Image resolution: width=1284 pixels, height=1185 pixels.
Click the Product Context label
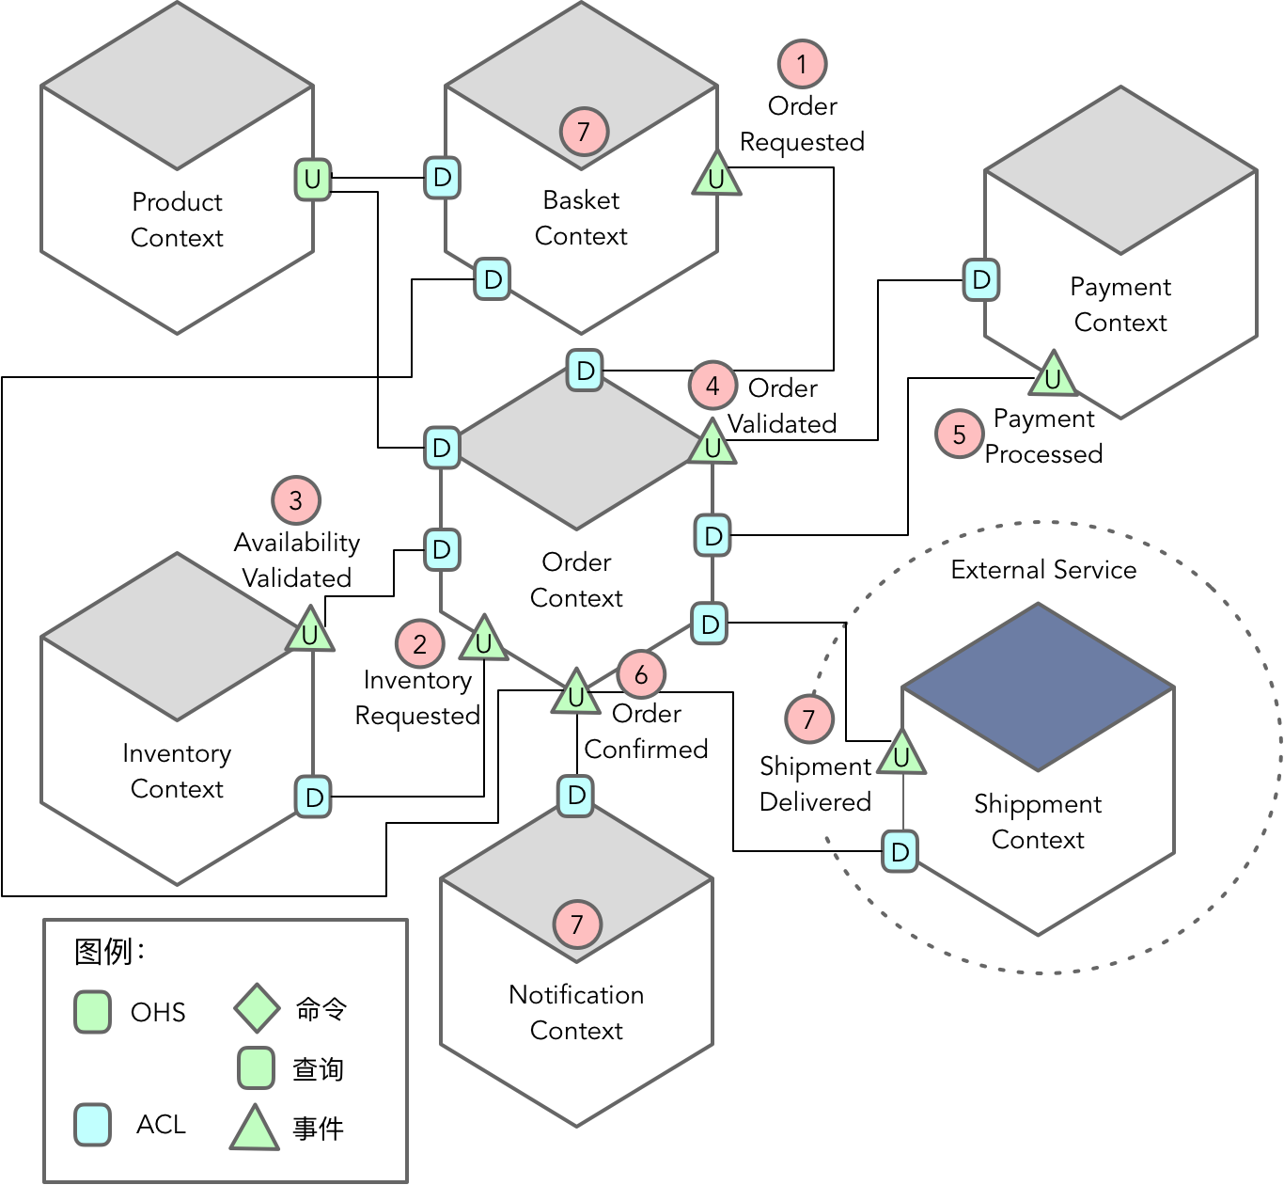pos(177,219)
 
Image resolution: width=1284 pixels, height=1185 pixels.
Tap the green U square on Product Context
pos(313,179)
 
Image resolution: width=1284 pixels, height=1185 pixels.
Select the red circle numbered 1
pos(802,64)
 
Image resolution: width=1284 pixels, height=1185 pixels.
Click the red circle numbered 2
pos(419,644)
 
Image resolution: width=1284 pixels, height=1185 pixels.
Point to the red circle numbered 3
pos(296,500)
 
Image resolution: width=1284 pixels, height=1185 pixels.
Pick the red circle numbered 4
pos(712,386)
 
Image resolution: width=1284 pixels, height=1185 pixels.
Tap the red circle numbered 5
pos(959,434)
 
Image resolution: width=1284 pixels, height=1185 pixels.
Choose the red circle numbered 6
pos(641,674)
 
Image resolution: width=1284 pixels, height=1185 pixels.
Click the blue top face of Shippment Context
pos(1038,687)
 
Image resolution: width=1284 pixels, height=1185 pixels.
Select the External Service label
pos(1043,570)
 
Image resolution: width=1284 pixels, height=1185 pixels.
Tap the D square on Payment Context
pos(981,279)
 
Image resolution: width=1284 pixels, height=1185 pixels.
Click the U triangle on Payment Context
pos(1053,376)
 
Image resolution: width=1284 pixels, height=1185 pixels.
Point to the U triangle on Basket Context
pos(716,177)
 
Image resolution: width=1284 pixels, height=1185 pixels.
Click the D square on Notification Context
pos(576,796)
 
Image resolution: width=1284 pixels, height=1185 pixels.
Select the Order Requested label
pos(802,124)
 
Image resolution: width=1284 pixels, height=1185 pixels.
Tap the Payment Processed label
pos(1043,436)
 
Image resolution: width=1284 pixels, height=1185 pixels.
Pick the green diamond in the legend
pos(257,1008)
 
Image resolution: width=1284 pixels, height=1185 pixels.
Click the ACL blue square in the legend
pos(93,1124)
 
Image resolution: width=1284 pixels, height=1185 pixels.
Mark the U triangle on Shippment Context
pos(901,755)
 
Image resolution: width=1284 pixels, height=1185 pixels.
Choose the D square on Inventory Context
pos(313,797)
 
